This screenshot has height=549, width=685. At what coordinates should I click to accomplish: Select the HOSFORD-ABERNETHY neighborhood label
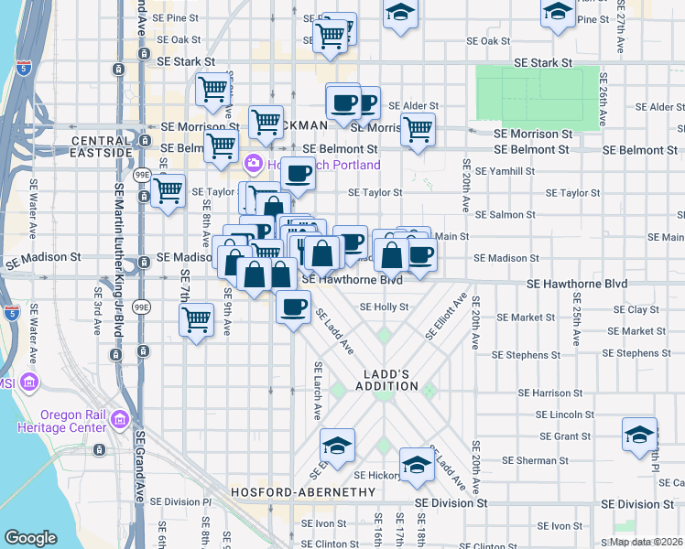click(x=303, y=492)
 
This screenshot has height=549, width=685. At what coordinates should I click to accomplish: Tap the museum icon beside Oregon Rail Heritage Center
click(x=119, y=420)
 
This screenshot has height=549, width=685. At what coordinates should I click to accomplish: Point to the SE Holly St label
click(x=384, y=307)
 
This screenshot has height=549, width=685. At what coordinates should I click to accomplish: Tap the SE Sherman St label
click(x=545, y=459)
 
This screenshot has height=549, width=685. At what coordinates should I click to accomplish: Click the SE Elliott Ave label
click(x=446, y=317)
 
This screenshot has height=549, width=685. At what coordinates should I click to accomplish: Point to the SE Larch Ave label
click(x=317, y=394)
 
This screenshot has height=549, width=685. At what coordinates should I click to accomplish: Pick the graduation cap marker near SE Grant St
click(x=639, y=434)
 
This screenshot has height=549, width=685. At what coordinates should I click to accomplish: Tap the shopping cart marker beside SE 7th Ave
click(x=197, y=320)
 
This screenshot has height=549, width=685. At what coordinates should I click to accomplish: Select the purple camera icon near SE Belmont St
click(x=253, y=166)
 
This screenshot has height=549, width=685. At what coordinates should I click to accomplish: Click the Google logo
click(x=30, y=538)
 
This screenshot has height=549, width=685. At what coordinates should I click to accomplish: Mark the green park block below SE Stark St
click(x=538, y=96)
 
